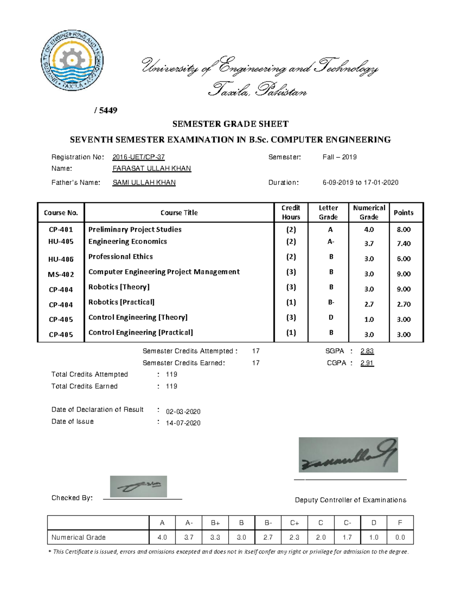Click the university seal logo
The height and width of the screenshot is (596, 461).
72,61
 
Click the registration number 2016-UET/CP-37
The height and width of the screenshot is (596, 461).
138,157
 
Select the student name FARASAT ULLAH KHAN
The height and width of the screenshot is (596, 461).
151,168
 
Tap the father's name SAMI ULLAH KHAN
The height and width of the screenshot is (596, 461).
144,183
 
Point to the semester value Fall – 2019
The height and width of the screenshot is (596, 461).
340,157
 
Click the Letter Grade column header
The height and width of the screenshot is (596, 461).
328,212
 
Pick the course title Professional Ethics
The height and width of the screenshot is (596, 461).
120,256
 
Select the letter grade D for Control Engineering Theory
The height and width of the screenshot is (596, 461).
331,317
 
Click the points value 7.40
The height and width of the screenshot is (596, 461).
403,244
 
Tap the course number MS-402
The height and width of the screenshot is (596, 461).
61,274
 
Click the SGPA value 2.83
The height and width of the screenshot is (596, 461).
367,351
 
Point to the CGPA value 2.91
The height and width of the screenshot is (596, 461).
367,363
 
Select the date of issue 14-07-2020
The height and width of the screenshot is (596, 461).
183,423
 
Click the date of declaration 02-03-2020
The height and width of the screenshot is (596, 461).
183,411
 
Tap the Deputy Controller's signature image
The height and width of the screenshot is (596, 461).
348,455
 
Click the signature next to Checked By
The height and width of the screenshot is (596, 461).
138,486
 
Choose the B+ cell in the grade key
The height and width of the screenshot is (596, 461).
215,523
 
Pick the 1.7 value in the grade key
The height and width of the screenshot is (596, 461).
347,537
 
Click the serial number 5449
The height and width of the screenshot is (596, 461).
108,111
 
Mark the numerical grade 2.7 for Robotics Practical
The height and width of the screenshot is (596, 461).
369,304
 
